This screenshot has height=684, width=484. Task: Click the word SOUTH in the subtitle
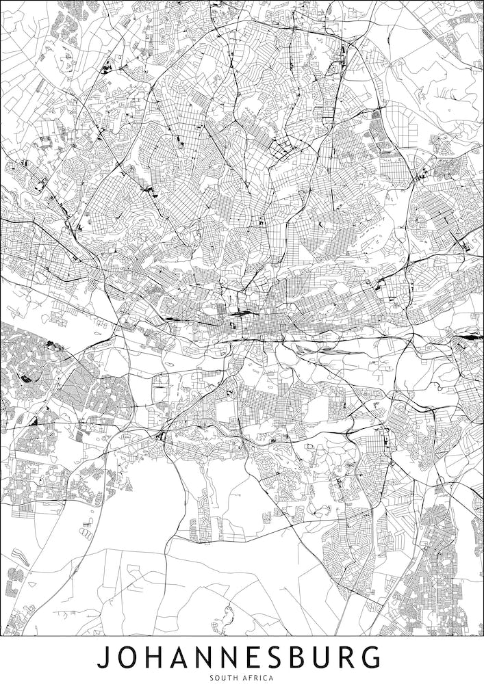(223, 678)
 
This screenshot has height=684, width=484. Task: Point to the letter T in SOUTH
(229, 678)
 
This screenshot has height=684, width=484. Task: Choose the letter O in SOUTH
(217, 678)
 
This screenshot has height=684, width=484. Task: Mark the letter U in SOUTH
(223, 678)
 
